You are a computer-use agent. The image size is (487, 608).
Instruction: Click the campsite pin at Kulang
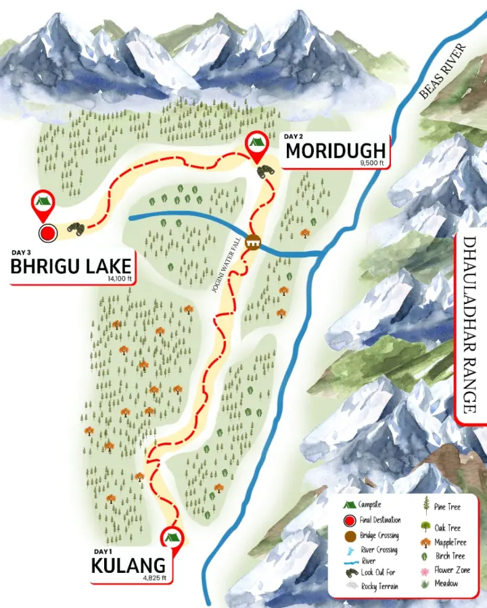tap(171, 538)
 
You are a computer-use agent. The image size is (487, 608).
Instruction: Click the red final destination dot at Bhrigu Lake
tap(47, 234)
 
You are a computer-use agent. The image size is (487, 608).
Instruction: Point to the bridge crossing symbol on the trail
tap(254, 242)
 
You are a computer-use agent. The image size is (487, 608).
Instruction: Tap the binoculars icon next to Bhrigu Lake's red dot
tap(76, 230)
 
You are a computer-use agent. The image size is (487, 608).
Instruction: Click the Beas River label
tap(443, 72)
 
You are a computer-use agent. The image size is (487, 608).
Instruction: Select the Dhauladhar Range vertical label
tap(471, 324)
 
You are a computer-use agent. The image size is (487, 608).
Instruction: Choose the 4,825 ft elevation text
tap(153, 578)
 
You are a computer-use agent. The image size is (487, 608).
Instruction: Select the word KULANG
tap(128, 565)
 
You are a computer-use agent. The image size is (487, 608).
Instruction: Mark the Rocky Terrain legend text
tap(379, 586)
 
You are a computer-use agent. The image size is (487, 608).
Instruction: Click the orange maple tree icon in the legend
tap(427, 542)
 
